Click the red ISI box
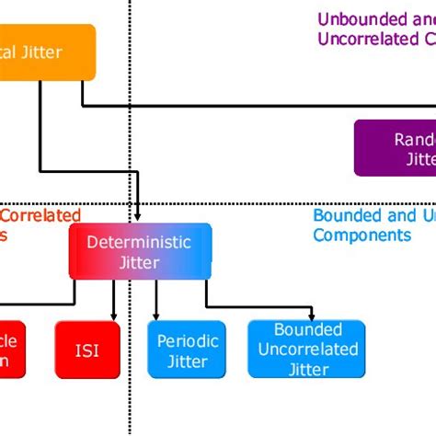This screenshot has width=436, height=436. (87, 350)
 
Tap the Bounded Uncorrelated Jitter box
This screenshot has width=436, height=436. (307, 350)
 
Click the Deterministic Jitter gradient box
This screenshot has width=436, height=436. (140, 251)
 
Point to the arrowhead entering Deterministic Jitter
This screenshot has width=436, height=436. (138, 218)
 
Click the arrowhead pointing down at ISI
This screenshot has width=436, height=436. (114, 316)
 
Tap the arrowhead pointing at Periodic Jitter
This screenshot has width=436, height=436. (156, 316)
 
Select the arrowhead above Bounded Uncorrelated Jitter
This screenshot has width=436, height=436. (313, 316)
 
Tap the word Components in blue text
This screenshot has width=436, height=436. (361, 235)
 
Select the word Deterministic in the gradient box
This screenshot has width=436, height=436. (139, 242)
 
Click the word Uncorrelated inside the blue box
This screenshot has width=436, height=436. (307, 350)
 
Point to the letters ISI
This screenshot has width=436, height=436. (87, 350)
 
